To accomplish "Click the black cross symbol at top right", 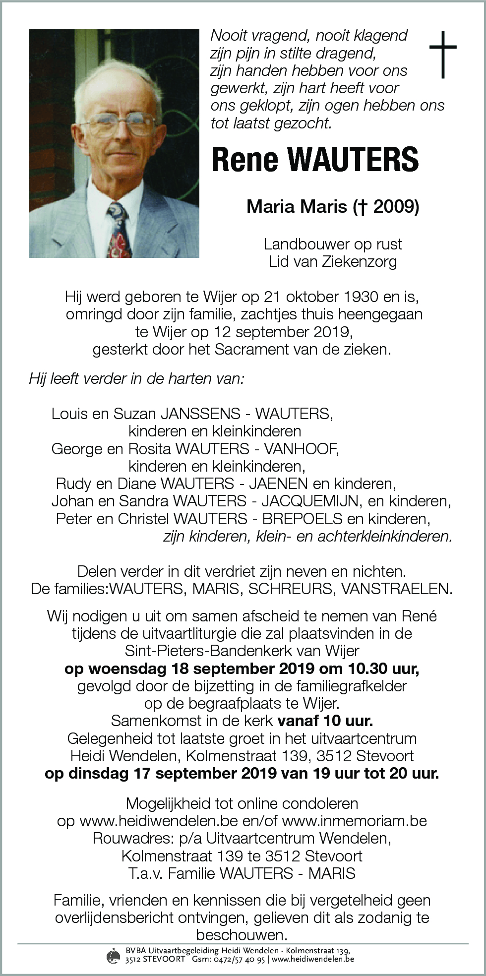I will coord(442,54).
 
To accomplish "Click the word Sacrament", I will coord(252,349).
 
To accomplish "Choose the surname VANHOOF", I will coord(301,449).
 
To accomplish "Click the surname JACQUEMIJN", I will coord(310,501).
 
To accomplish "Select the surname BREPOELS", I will coord(303,519).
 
